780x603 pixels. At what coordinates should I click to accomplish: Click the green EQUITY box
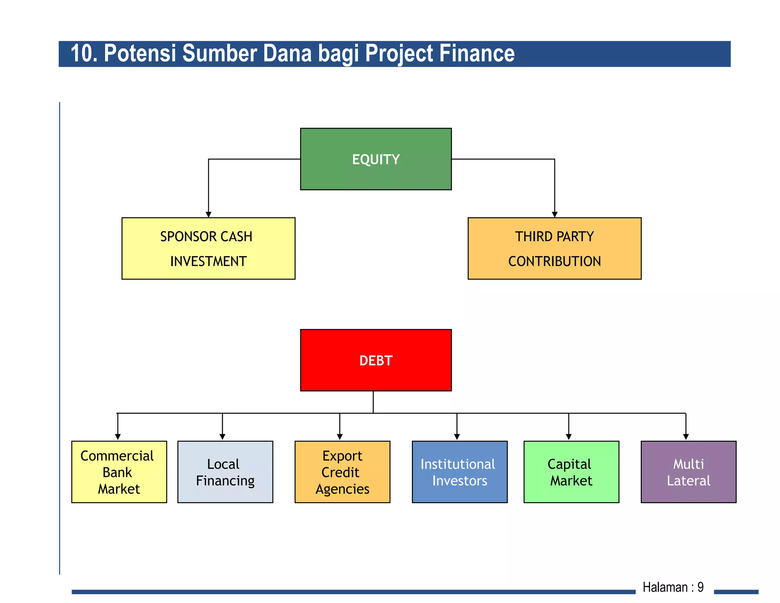(376, 159)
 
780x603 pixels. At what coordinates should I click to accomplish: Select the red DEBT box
(376, 360)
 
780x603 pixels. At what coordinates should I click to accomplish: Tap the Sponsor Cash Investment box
(208, 249)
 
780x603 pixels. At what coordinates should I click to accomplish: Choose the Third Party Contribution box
(554, 249)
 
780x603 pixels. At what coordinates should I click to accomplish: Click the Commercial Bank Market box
(119, 472)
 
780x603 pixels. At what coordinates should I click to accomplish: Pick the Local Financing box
(225, 472)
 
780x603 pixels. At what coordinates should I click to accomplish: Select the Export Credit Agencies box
(342, 472)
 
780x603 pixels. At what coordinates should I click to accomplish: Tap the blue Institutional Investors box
(459, 472)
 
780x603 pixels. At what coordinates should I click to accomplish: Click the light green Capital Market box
(571, 472)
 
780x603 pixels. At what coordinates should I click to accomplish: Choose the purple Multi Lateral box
(688, 472)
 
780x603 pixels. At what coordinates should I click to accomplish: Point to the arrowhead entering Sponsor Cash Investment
(208, 215)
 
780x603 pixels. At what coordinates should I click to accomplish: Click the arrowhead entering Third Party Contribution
(555, 215)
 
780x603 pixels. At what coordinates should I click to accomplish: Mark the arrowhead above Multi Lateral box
(686, 437)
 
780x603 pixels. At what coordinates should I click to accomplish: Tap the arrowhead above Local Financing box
(222, 437)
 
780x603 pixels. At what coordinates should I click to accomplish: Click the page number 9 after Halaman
(700, 587)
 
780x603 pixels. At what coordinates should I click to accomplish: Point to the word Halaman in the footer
(665, 587)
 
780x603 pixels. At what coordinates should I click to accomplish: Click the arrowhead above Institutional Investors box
(457, 437)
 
